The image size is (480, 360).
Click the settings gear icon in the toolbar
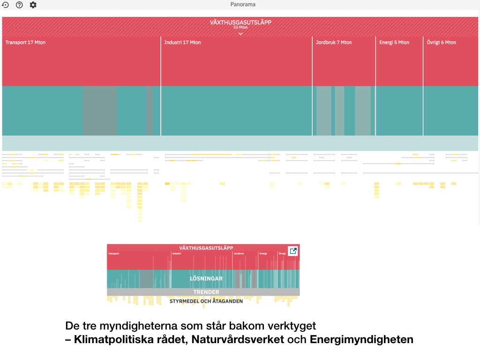click(x=33, y=5)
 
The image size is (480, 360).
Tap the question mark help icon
click(x=19, y=5)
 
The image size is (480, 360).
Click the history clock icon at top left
click(x=5, y=5)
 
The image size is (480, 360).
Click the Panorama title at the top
click(x=243, y=5)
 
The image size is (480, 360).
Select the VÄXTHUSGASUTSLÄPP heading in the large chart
click(x=240, y=22)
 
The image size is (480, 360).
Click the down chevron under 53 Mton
click(x=240, y=33)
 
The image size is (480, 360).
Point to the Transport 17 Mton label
click(x=25, y=43)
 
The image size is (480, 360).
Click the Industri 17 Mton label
click(x=182, y=43)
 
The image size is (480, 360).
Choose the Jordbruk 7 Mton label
click(x=334, y=43)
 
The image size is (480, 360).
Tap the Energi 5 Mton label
click(x=394, y=43)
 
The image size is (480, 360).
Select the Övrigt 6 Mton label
click(x=441, y=43)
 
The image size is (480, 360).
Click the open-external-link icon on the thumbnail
click(x=293, y=251)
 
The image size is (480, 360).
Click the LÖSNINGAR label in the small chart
click(x=206, y=278)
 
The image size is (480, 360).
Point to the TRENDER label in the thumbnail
click(x=206, y=292)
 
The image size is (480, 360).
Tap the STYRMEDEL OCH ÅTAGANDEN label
click(x=206, y=301)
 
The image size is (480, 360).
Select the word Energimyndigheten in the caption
click(x=361, y=339)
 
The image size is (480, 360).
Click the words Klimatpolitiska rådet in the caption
click(x=131, y=339)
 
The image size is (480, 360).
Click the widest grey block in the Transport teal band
click(x=99, y=111)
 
